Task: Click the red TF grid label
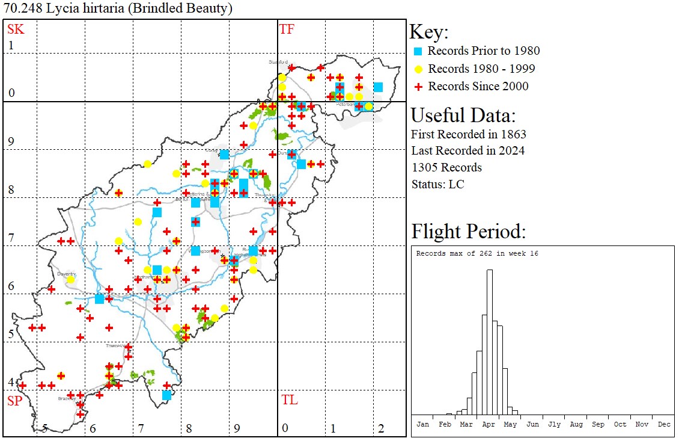pyautogui.click(x=287, y=29)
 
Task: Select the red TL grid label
pyautogui.click(x=289, y=400)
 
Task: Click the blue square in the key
pyautogui.click(x=419, y=51)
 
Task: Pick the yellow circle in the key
pyautogui.click(x=419, y=69)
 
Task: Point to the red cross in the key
pyautogui.click(x=419, y=87)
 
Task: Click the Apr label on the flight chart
pyautogui.click(x=488, y=424)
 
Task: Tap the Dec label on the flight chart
pyautogui.click(x=664, y=424)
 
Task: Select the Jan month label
pyautogui.click(x=422, y=424)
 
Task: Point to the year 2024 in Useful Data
pyautogui.click(x=511, y=150)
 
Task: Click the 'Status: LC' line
pyautogui.click(x=437, y=184)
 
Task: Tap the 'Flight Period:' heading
pyautogui.click(x=469, y=231)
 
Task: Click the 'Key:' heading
pyautogui.click(x=429, y=32)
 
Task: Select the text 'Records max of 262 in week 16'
pyautogui.click(x=477, y=253)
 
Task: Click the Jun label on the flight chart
pyautogui.click(x=532, y=424)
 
